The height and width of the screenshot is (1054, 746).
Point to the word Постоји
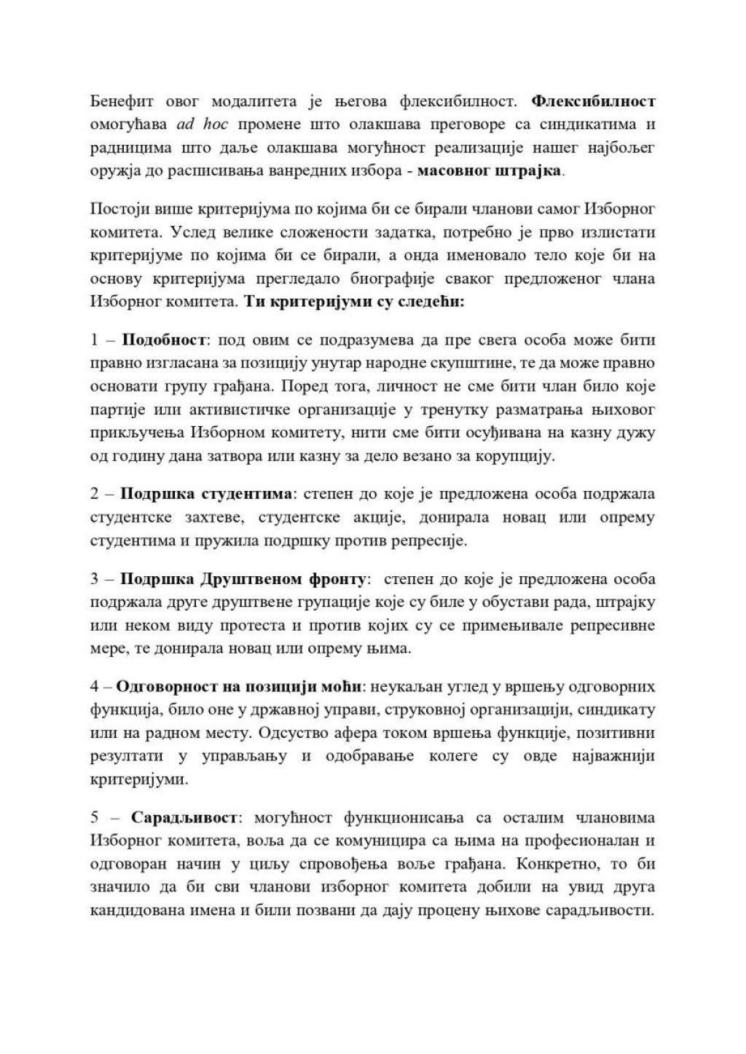click(115, 209)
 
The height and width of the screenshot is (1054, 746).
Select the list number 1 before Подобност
click(95, 340)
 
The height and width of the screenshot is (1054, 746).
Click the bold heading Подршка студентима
click(205, 495)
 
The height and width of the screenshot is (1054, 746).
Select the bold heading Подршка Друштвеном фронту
click(243, 579)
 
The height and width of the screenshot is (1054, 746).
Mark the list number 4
click(95, 687)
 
